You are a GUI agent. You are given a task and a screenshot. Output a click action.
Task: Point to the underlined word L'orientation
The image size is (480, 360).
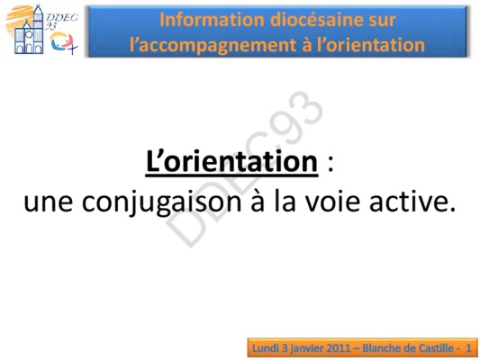pos(231,161)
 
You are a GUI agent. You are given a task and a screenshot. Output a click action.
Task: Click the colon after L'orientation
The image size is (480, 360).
pos(330,166)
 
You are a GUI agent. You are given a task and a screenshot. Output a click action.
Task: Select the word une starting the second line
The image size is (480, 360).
pos(48,203)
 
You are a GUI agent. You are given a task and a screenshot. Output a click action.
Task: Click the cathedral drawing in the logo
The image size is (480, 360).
pos(29,31)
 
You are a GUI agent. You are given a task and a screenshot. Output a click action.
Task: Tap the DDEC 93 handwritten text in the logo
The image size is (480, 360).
pos(61,21)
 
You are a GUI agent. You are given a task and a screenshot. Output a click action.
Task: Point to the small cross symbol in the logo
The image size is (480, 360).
pos(73,48)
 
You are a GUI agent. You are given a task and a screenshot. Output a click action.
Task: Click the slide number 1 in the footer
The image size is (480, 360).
pos(468,348)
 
